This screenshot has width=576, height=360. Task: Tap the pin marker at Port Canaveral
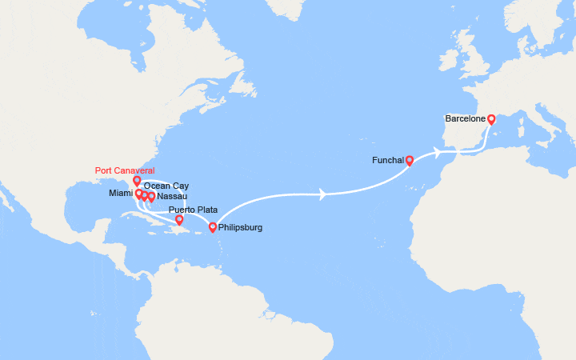pyautogui.click(x=137, y=180)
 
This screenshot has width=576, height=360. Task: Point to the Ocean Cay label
pyautogui.click(x=166, y=186)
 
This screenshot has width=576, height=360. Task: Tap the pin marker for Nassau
pyautogui.click(x=151, y=196)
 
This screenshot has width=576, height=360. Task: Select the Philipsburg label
pyautogui.click(x=240, y=227)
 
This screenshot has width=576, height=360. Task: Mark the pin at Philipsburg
pyautogui.click(x=212, y=227)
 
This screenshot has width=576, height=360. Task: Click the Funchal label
pyautogui.click(x=388, y=160)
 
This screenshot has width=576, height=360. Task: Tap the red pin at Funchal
pyautogui.click(x=409, y=159)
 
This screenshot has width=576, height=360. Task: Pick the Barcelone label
pyautogui.click(x=466, y=119)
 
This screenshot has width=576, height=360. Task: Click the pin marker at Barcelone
pyautogui.click(x=491, y=119)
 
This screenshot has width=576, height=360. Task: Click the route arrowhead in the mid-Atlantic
pyautogui.click(x=322, y=194)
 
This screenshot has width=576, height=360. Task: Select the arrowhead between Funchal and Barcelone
pyautogui.click(x=438, y=150)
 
